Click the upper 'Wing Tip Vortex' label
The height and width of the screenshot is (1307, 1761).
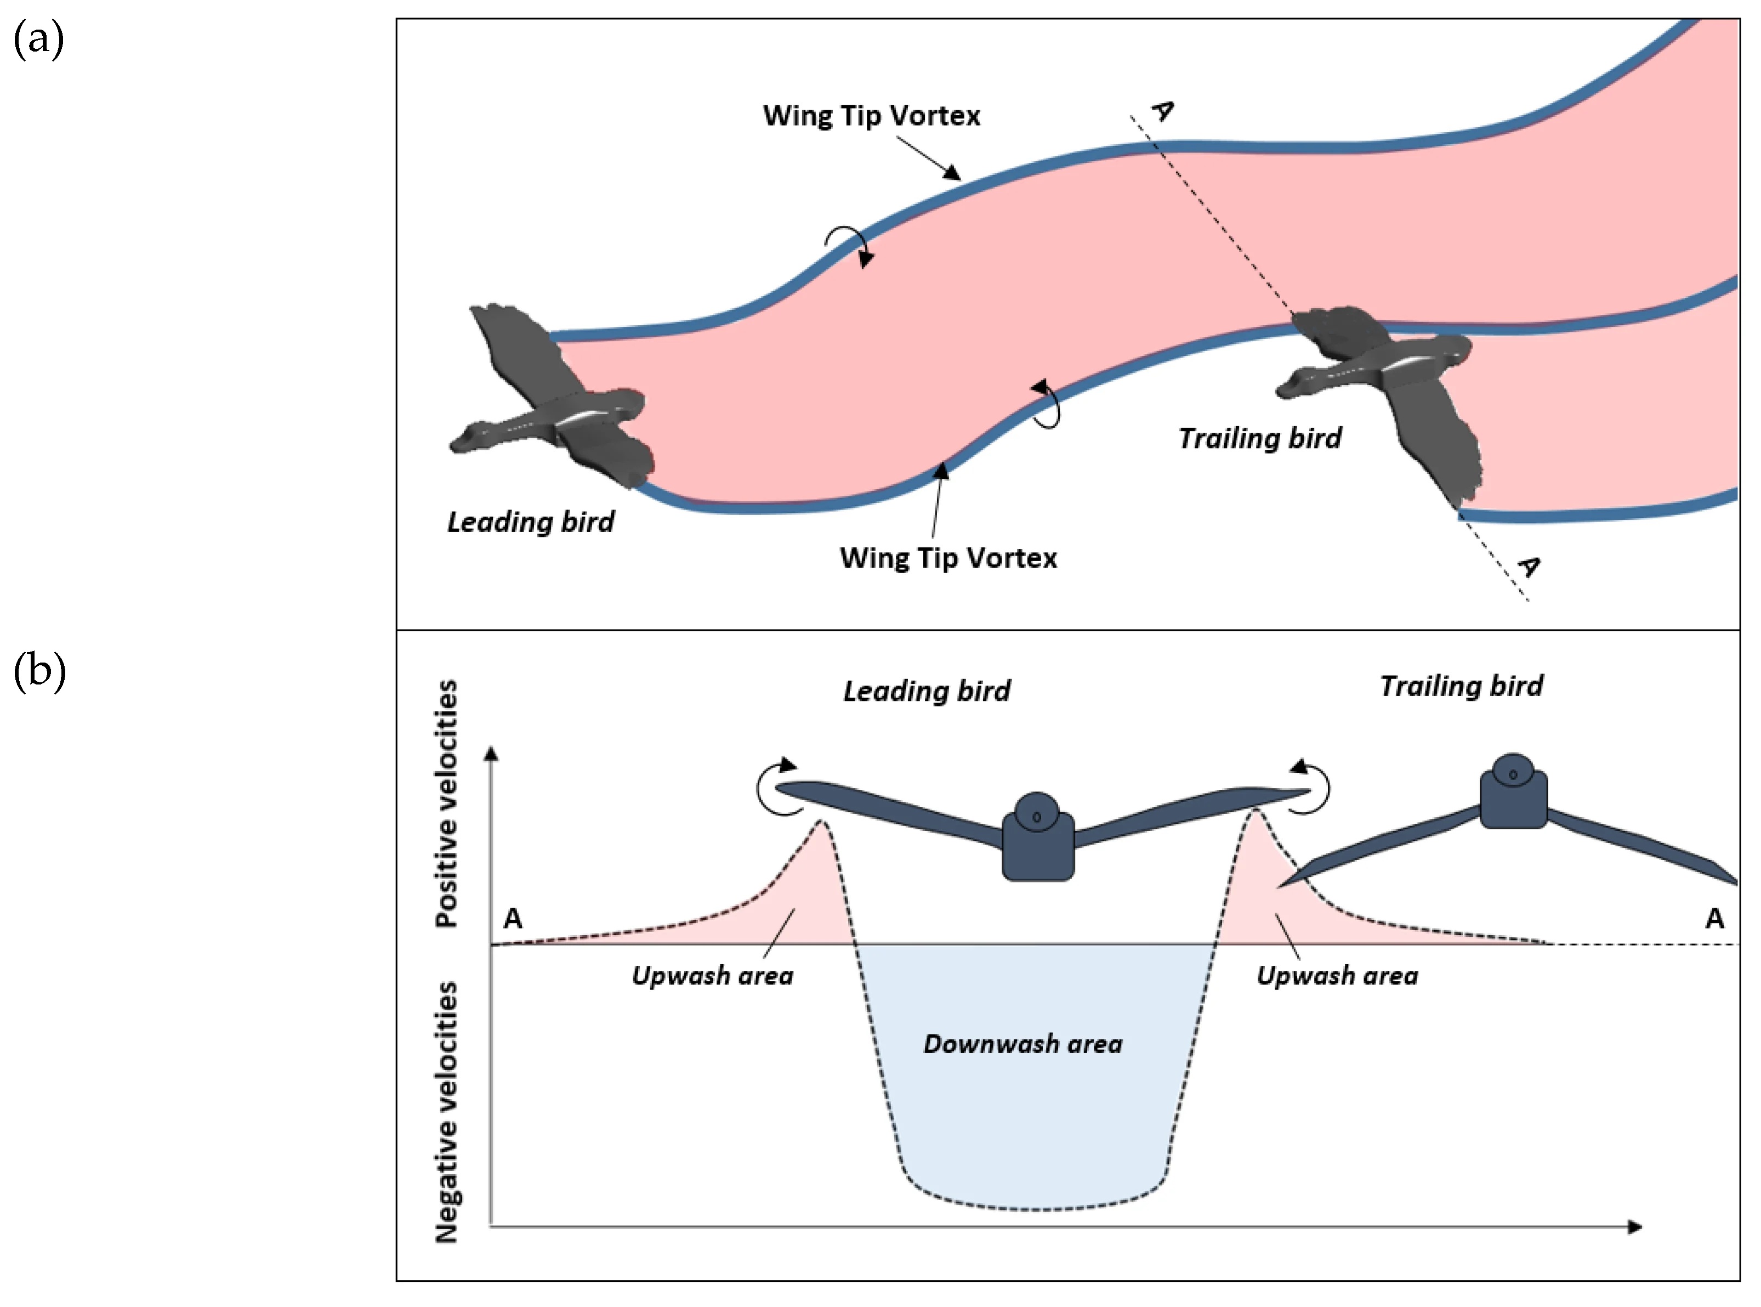pyautogui.click(x=871, y=116)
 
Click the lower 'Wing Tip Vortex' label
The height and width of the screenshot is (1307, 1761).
pyautogui.click(x=947, y=558)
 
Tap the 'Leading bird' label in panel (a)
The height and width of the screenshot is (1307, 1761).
pyautogui.click(x=531, y=522)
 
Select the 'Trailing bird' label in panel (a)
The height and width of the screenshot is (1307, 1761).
pyautogui.click(x=1260, y=438)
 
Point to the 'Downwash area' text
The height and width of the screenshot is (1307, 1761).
pyautogui.click(x=1022, y=1044)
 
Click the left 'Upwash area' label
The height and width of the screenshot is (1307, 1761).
pyautogui.click(x=712, y=976)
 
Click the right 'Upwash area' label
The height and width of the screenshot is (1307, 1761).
pyautogui.click(x=1337, y=976)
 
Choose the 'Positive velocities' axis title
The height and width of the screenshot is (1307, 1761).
pyautogui.click(x=447, y=802)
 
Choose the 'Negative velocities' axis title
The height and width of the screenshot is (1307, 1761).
pyautogui.click(x=447, y=1112)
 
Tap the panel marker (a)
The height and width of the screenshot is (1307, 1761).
pyautogui.click(x=38, y=39)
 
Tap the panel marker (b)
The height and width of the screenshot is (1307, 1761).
pyautogui.click(x=39, y=672)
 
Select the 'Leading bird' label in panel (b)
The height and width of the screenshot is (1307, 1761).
pyautogui.click(x=927, y=692)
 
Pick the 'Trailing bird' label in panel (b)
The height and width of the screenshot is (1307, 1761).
pyautogui.click(x=1461, y=686)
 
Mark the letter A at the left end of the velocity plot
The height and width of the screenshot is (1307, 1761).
pyautogui.click(x=513, y=919)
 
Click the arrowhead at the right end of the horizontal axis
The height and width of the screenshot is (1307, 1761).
pyautogui.click(x=1634, y=1226)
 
